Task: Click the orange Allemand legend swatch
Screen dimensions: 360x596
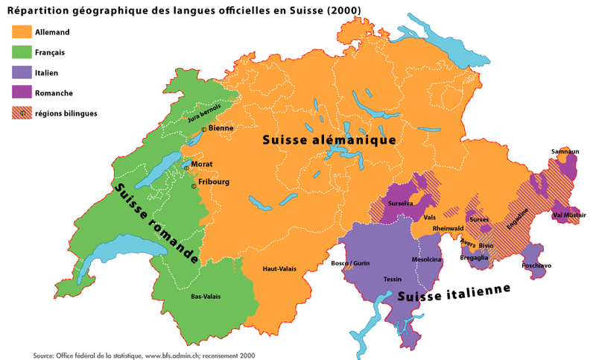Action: [x=21, y=32]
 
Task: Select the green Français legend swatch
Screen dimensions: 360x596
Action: [x=21, y=52]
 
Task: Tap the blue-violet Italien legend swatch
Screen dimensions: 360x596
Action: [x=21, y=72]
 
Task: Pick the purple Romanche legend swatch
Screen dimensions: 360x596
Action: [x=21, y=92]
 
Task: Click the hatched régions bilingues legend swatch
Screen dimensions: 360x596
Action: [x=21, y=113]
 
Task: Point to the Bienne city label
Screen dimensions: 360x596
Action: [x=221, y=128]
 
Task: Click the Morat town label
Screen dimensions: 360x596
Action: [x=202, y=164]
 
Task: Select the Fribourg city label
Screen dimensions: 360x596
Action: [x=213, y=182]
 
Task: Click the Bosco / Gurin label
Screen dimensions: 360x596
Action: [x=350, y=264]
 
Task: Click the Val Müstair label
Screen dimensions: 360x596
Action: [x=569, y=215]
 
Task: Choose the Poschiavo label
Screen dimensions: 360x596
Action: [x=537, y=265]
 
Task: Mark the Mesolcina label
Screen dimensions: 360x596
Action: [x=427, y=259]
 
